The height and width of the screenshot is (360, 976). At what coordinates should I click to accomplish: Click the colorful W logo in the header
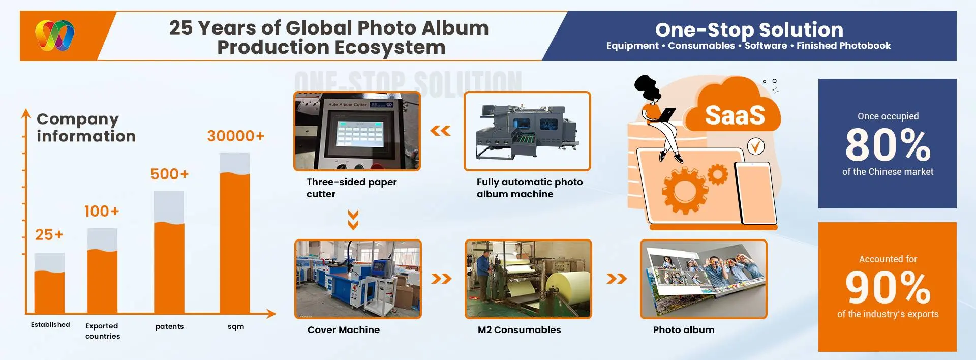55,36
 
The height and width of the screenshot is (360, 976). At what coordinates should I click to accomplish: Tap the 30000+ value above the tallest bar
235,136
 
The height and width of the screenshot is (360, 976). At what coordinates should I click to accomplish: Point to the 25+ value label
49,234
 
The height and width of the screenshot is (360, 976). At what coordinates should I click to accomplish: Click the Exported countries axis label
103,331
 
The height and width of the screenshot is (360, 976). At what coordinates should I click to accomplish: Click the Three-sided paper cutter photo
357,131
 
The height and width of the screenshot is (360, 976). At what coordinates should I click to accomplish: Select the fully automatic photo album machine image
527,131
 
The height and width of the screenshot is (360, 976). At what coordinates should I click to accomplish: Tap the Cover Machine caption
343,330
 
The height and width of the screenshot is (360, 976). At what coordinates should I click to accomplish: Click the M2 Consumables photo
528,279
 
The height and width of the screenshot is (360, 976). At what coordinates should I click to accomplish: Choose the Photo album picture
704,279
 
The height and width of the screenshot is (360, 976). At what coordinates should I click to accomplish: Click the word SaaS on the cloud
735,115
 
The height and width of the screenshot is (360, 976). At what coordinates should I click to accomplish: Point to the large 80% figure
888,145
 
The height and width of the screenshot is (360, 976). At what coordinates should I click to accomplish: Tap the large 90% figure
888,287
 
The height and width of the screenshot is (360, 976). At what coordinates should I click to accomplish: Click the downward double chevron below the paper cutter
353,220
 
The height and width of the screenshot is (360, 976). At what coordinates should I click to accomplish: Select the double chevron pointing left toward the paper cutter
440,131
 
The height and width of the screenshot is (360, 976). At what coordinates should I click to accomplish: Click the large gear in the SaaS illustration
684,191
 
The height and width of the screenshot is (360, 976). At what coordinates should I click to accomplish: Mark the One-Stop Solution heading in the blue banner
749,30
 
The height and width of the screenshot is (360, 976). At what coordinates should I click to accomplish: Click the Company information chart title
86,128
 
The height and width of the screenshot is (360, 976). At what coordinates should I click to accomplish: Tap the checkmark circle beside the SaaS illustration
756,147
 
